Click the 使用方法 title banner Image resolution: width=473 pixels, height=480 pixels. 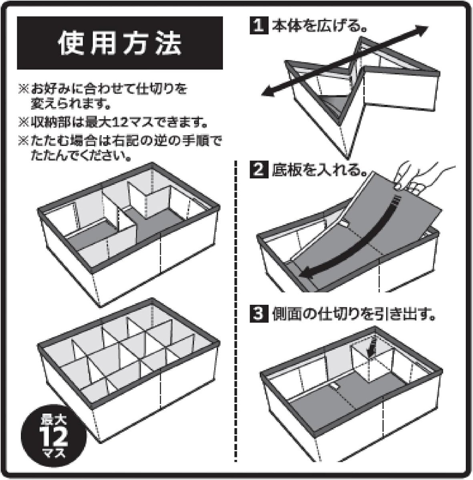click(120, 43)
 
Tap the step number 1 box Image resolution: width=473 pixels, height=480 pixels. click(259, 25)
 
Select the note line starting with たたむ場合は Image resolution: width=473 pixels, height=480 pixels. click(120, 142)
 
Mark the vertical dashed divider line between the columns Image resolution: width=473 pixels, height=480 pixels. click(236, 311)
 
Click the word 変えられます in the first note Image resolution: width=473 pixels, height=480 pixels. click(70, 103)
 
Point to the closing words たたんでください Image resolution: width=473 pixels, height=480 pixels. click(80, 156)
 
